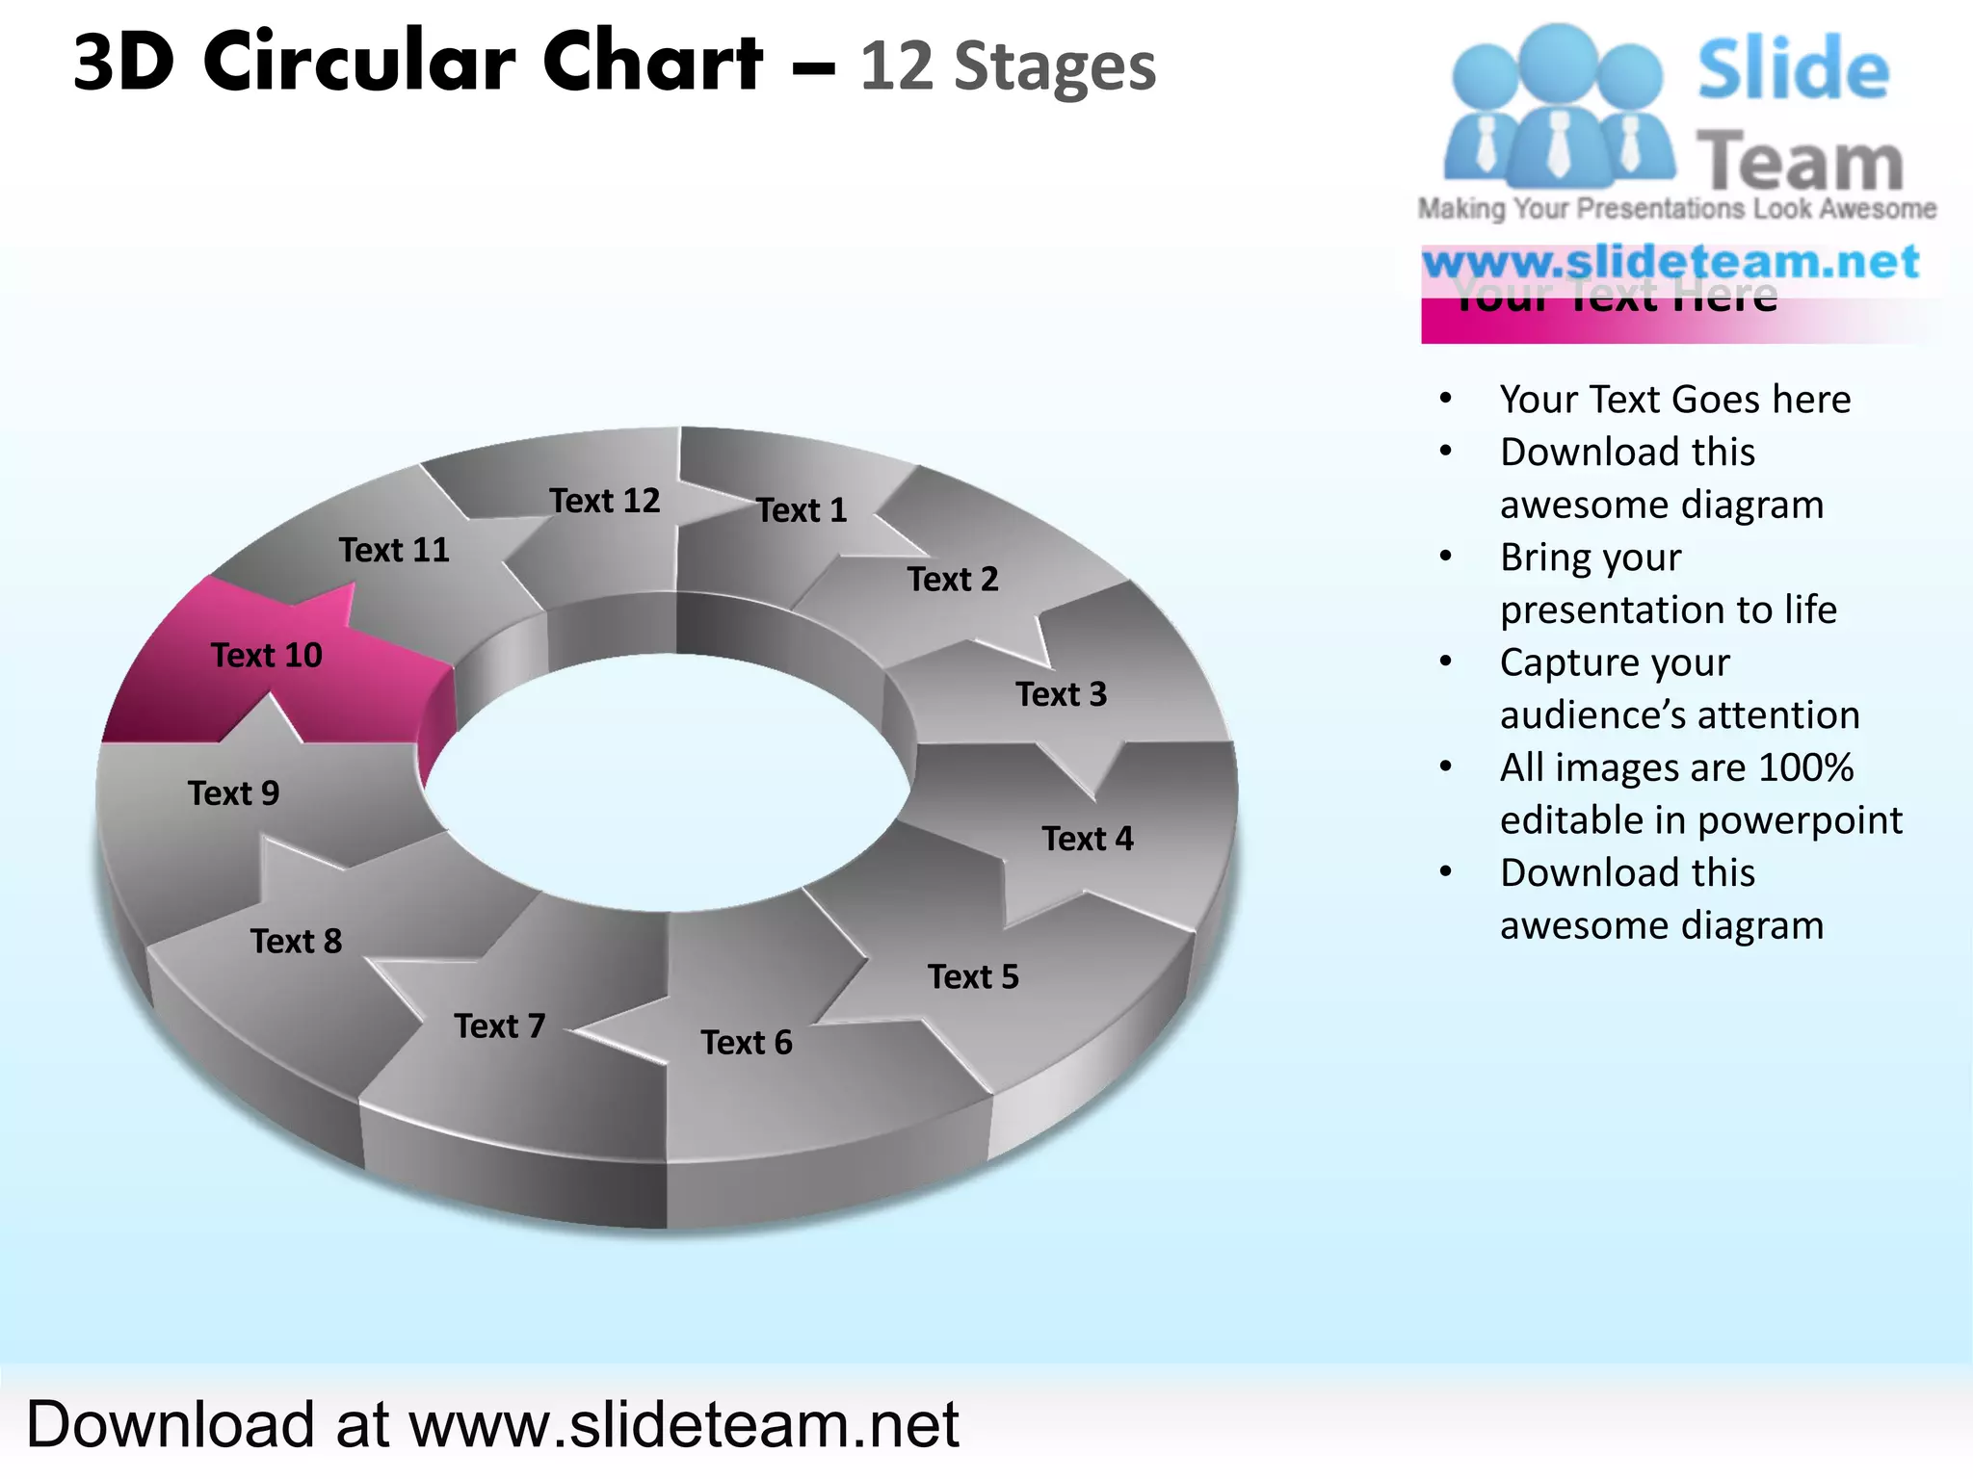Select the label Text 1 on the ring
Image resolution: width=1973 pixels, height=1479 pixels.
(x=801, y=510)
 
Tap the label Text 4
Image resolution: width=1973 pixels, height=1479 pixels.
(x=1087, y=839)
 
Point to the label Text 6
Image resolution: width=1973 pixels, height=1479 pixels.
(x=746, y=1043)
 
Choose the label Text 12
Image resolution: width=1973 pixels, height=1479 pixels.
(x=604, y=501)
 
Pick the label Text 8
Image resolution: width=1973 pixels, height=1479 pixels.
(x=296, y=941)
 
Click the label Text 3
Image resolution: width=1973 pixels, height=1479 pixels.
(x=1061, y=694)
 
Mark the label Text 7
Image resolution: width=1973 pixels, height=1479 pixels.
(x=499, y=1026)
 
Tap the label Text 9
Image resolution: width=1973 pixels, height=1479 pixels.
(x=233, y=793)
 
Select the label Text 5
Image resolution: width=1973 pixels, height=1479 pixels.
(x=972, y=977)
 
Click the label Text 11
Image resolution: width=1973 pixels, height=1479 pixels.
(x=393, y=550)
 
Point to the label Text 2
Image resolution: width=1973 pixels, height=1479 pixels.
(x=952, y=580)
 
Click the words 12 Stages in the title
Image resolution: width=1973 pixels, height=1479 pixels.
(x=1007, y=67)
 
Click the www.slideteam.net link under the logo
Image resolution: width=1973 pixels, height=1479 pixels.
(x=1670, y=262)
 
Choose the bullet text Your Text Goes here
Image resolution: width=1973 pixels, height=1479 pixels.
(x=1674, y=400)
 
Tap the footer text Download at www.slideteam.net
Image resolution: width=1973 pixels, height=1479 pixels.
(x=492, y=1424)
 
